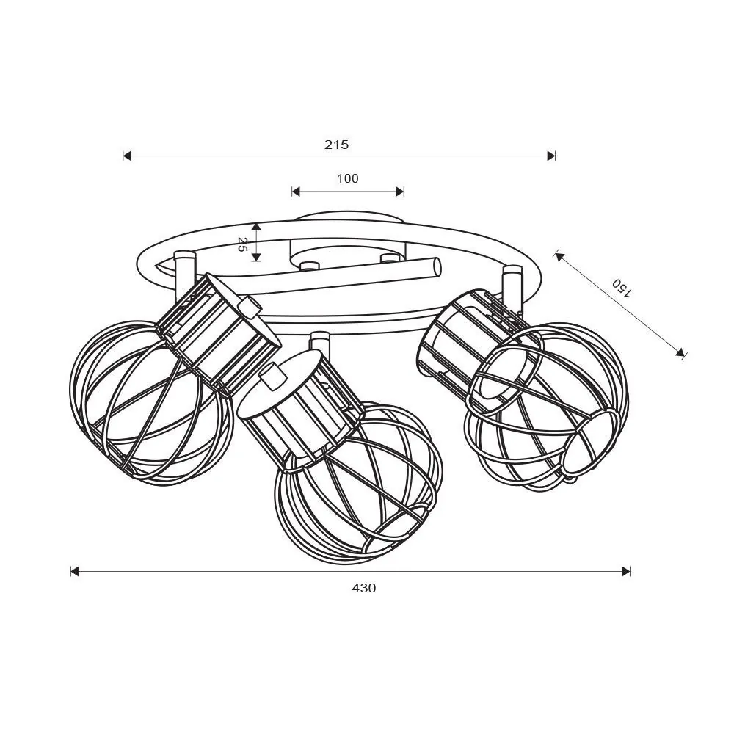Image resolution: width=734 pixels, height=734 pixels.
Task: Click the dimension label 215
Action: [336, 145]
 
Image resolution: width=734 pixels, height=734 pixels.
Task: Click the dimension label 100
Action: [348, 178]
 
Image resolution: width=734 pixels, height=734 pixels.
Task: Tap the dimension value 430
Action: [363, 588]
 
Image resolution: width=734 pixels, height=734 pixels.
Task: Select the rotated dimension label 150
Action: [621, 288]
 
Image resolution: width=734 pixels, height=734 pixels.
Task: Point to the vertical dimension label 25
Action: [242, 244]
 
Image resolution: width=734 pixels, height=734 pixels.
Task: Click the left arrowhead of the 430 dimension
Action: [75, 571]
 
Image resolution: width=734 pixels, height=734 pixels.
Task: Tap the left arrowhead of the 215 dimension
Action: [127, 156]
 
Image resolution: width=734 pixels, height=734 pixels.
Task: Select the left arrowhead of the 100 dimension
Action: [296, 192]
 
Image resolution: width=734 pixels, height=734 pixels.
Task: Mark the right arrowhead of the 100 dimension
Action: [400, 192]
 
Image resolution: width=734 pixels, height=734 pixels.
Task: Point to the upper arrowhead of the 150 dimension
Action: [559, 256]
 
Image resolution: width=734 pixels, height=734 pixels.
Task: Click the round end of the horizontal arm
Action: [437, 267]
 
